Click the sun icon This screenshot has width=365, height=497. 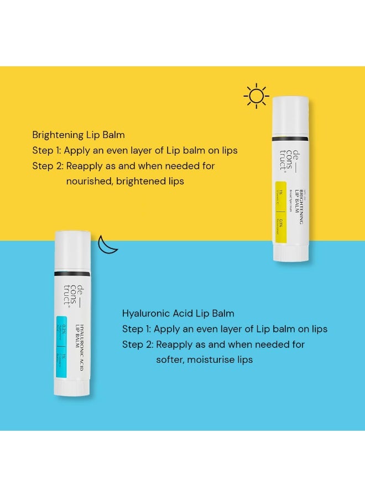257,96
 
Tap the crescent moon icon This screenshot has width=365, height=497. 108,245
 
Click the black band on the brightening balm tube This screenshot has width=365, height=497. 290,139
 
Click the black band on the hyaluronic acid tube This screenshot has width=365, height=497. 72,273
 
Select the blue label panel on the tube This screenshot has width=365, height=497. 62,347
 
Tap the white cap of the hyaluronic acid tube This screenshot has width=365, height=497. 72,248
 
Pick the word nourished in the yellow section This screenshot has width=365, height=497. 90,181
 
